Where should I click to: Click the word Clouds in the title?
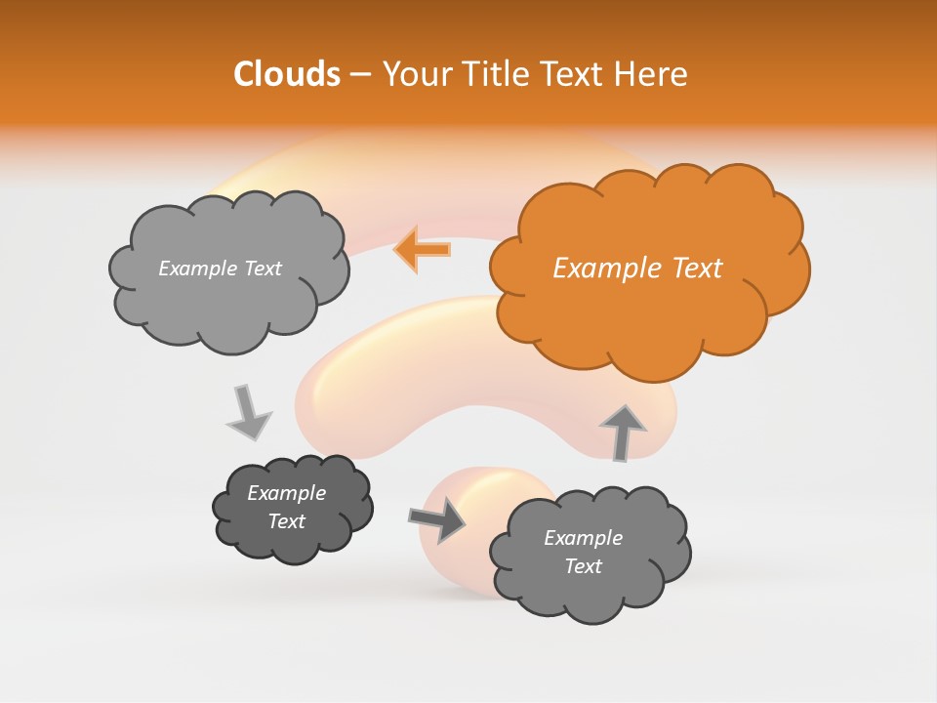click(x=287, y=74)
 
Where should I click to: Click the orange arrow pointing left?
click(x=423, y=250)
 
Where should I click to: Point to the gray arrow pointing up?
click(x=622, y=432)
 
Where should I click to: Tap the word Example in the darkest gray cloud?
click(x=286, y=493)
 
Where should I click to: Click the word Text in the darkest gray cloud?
click(x=286, y=521)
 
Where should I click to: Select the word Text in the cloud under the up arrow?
click(x=583, y=566)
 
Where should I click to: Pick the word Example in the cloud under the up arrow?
click(x=583, y=538)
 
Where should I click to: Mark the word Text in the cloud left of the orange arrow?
click(x=261, y=269)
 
